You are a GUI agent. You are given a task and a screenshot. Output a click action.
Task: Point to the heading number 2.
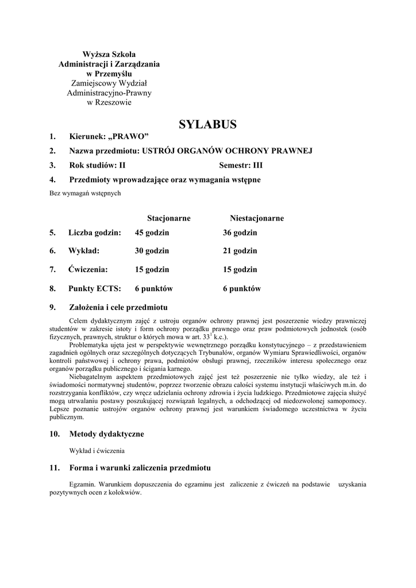pos(52,150)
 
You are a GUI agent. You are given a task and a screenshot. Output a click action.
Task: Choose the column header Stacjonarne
pos(169,218)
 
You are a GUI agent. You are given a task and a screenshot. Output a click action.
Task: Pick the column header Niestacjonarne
pos(257,218)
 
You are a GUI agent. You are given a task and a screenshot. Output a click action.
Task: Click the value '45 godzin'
pos(152,233)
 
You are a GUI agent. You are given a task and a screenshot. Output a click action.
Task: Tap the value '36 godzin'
pos(240,233)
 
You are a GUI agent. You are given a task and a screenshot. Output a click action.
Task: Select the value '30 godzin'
pos(152,251)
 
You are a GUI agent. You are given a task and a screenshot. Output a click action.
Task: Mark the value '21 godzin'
pos(240,251)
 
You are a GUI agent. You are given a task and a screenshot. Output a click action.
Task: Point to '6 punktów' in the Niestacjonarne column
pos(242,289)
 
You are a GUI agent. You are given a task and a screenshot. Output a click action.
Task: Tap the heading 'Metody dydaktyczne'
pos(106,434)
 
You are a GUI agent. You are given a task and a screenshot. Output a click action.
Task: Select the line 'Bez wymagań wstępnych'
pos(84,194)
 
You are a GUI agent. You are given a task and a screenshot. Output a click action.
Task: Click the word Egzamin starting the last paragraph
pos(81,485)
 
